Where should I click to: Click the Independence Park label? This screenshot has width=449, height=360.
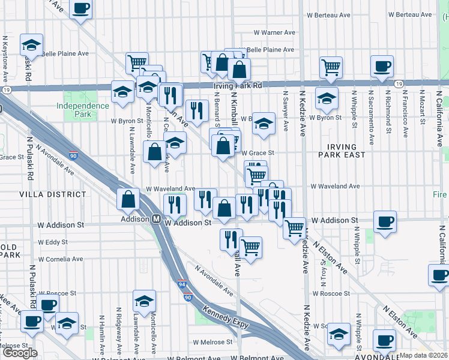coord(83,110)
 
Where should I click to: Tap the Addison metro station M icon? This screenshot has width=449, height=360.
coord(156,219)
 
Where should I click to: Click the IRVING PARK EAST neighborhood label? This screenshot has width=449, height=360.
coord(342,151)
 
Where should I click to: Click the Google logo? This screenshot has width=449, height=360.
coord(20,353)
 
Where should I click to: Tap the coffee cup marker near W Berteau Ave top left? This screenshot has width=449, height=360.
coord(80,9)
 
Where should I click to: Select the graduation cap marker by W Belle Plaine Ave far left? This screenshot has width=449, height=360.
coord(31,44)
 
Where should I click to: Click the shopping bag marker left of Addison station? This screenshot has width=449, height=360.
coord(128,199)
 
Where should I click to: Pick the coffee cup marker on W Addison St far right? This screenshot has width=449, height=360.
coord(384,221)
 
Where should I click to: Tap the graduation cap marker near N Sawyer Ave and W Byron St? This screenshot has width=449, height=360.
coord(262,123)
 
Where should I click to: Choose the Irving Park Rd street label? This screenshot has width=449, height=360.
coord(238,86)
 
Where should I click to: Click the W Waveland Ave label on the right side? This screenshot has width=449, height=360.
coord(334,187)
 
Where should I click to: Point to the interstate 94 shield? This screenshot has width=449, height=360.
coord(185,286)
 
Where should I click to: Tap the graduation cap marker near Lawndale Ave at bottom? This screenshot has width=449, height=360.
coord(144,300)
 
